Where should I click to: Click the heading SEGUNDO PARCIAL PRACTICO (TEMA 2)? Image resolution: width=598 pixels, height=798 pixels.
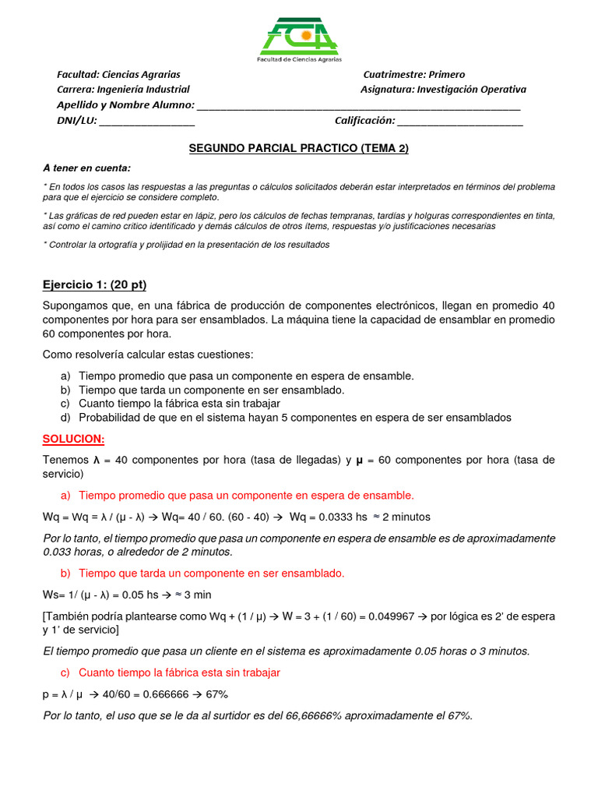coord(299,148)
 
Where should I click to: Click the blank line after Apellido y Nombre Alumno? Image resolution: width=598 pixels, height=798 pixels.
coord(359,106)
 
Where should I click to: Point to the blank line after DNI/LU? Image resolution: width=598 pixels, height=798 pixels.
coord(147,121)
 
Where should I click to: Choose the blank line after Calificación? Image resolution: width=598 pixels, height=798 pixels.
coord(460,121)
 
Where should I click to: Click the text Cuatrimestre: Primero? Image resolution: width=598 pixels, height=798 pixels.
coord(413,75)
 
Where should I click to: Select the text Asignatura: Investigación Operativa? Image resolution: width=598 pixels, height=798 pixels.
coord(443,90)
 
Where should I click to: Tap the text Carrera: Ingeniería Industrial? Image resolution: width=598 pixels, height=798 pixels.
coord(123,90)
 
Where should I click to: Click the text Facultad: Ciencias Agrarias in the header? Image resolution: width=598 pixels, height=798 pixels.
coord(118,75)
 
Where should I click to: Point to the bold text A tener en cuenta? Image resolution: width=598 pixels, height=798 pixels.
coord(87,168)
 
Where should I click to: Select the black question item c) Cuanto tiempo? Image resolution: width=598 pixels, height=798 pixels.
coord(179,404)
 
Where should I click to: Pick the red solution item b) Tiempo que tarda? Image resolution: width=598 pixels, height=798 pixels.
coord(211,574)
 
